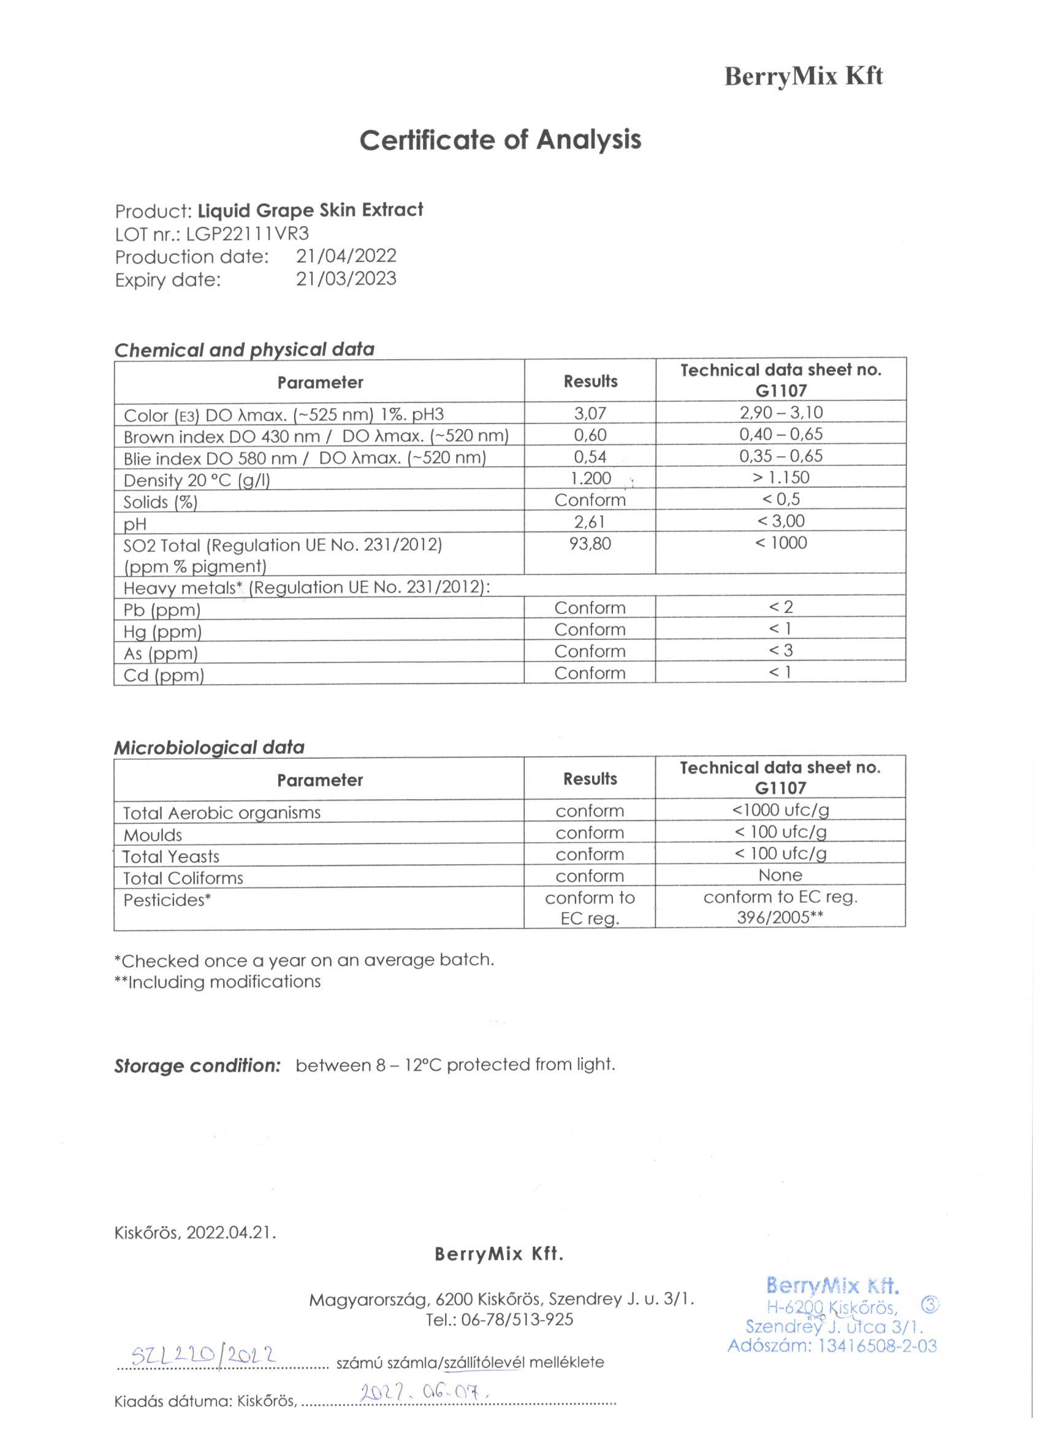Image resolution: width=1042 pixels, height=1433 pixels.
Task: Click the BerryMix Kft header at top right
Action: click(x=803, y=77)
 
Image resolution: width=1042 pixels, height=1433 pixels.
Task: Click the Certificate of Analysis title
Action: click(x=500, y=140)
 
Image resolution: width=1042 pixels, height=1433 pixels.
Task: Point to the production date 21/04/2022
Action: click(x=346, y=256)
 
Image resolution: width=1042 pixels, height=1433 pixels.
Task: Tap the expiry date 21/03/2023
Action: click(x=346, y=279)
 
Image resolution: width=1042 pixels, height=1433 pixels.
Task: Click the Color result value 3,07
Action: click(x=590, y=413)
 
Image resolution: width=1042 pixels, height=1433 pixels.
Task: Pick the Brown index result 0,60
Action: click(x=590, y=435)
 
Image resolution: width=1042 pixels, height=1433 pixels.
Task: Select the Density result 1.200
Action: click(x=590, y=478)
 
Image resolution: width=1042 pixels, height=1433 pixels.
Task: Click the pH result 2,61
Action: click(x=590, y=521)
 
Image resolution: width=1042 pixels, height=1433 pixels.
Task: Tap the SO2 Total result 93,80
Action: click(x=590, y=544)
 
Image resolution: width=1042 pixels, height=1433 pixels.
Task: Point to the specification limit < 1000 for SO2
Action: click(x=780, y=543)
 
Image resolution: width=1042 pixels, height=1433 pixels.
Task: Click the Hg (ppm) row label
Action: click(x=162, y=632)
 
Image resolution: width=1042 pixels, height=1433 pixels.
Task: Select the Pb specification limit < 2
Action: click(x=780, y=607)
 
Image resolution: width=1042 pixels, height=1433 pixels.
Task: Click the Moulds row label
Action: click(x=152, y=835)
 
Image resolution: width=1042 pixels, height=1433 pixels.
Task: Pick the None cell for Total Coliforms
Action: click(x=780, y=875)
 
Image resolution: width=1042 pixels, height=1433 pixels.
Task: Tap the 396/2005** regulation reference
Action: click(x=780, y=918)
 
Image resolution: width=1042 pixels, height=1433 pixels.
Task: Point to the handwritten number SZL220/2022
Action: click(x=204, y=1354)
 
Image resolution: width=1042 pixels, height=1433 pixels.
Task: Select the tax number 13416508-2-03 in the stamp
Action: click(x=877, y=1347)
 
